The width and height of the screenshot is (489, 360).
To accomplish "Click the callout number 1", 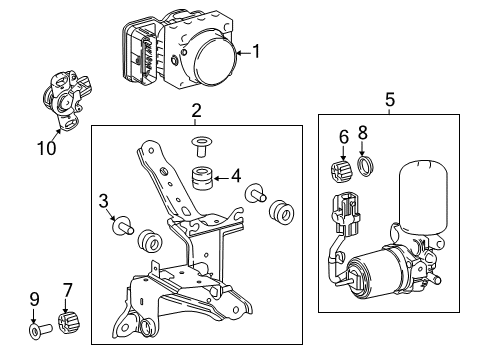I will [257, 51].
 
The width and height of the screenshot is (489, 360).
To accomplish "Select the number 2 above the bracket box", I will [197, 111].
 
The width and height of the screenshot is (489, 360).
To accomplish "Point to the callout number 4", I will [235, 175].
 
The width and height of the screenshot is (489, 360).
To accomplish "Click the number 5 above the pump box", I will [390, 100].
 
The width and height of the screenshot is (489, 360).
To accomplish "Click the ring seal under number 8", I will [367, 165].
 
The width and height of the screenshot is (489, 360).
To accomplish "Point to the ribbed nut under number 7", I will [70, 323].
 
